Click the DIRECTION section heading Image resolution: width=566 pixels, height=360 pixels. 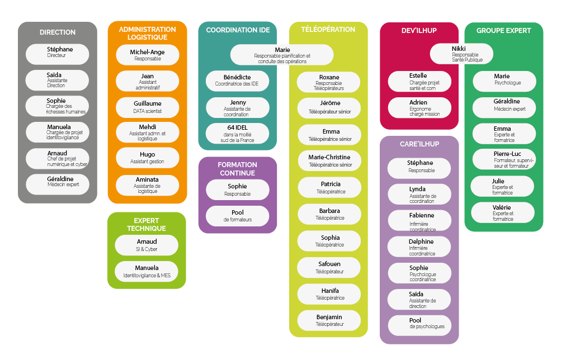click(58, 32)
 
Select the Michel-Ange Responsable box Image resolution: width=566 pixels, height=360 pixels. click(147, 55)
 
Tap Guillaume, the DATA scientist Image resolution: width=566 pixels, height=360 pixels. click(147, 107)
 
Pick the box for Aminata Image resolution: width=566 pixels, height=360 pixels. click(147, 185)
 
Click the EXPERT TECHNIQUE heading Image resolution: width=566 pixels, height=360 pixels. click(147, 224)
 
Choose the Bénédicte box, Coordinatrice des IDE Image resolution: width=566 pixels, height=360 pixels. click(237, 81)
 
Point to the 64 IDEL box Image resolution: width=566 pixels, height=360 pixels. click(237, 134)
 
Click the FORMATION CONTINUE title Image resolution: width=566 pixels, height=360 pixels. click(237, 169)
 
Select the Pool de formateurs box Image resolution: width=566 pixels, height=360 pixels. click(237, 216)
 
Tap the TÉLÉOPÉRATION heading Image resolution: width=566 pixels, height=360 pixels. click(328, 30)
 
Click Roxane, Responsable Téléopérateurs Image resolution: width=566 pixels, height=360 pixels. click(328, 82)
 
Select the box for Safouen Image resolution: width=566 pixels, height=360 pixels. click(329, 267)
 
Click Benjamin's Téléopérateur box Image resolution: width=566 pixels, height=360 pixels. click(329, 320)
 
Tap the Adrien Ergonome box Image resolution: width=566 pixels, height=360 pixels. click(419, 108)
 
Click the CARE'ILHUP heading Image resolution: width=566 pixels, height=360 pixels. click(419, 144)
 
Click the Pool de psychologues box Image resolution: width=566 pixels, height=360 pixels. click(419, 324)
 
